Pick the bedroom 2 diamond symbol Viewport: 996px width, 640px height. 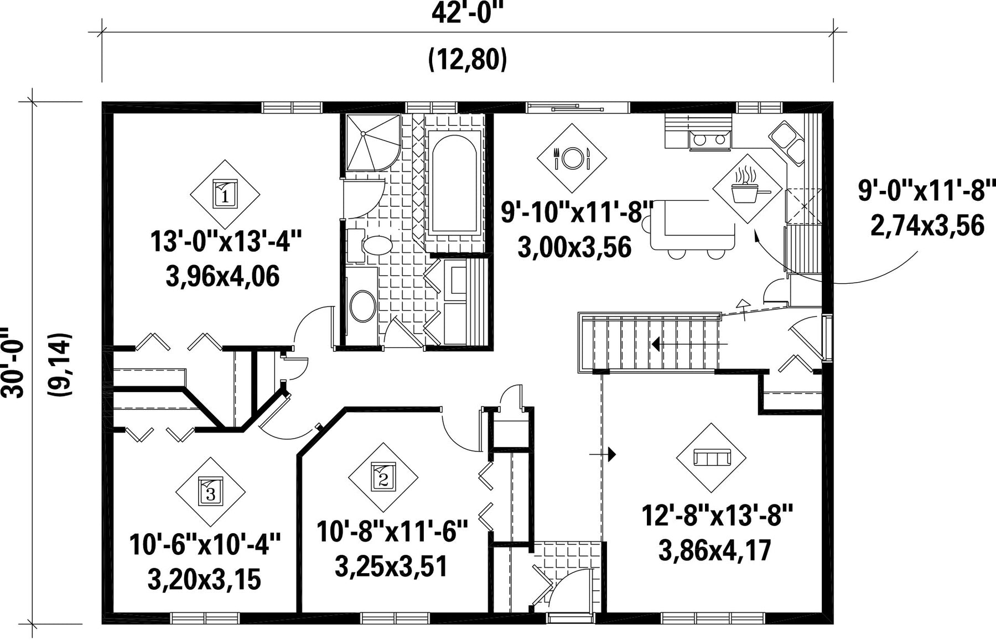click(x=383, y=477)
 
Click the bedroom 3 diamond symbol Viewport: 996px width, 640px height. click(x=210, y=492)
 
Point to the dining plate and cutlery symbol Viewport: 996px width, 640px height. click(x=572, y=159)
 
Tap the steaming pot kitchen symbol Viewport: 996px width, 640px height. click(x=748, y=189)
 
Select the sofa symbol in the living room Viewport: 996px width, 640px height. click(x=712, y=457)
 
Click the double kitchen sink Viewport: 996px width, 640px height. click(x=787, y=142)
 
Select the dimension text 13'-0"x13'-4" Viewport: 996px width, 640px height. click(x=226, y=242)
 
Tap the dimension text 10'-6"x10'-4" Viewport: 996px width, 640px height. click(x=205, y=544)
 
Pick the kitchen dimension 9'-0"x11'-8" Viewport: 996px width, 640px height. click(x=927, y=191)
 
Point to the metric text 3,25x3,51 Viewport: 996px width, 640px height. click(x=391, y=566)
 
